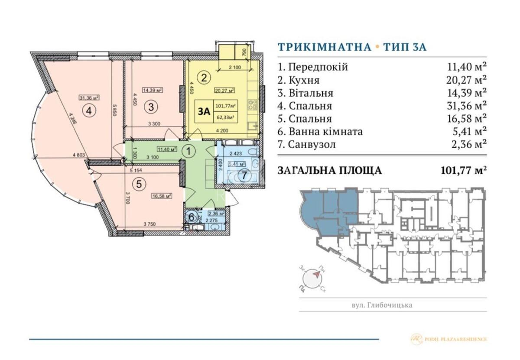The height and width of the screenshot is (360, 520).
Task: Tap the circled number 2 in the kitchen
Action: coord(204,78)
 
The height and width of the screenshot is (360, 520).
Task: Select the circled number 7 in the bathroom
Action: coord(245,176)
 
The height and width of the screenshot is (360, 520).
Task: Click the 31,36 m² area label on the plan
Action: coord(89,97)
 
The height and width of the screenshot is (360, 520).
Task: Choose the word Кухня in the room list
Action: coord(299,80)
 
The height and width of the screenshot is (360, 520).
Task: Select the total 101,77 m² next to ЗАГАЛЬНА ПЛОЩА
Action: coord(463,170)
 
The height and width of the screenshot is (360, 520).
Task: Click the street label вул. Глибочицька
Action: coord(382,305)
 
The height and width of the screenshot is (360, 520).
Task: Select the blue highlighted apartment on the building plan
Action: coord(329,208)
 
